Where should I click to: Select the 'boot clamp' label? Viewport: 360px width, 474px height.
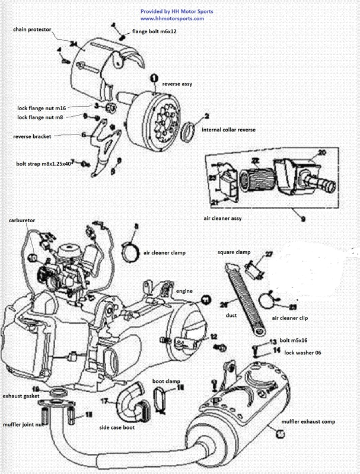click(166, 382)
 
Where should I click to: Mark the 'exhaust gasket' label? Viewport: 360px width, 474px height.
click(21, 395)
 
